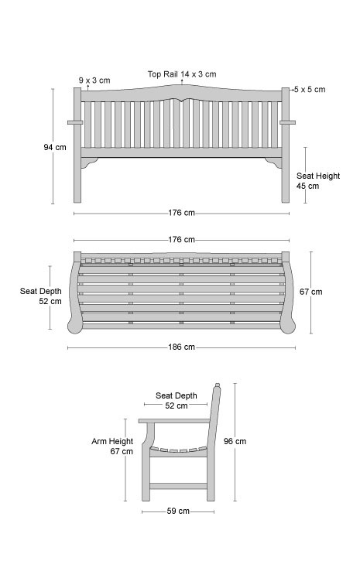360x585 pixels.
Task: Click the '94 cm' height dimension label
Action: (55, 147)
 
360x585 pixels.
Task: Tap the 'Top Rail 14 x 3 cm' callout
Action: (182, 74)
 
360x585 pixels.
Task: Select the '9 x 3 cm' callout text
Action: (94, 80)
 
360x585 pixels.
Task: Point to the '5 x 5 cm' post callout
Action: (310, 90)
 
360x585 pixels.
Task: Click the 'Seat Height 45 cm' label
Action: (318, 181)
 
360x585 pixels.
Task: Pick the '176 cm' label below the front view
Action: (181, 213)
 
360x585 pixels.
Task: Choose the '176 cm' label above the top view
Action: (181, 240)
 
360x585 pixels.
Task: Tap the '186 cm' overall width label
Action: (181, 347)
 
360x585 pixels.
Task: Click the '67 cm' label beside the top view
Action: (310, 292)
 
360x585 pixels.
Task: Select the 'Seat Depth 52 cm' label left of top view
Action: (41, 296)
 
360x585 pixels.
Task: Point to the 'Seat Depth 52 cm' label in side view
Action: (177, 400)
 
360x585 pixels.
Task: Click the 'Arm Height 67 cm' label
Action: (112, 446)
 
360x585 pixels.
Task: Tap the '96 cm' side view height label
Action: (235, 441)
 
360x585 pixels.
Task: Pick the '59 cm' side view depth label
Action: (178, 511)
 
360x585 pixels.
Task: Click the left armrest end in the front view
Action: (74, 122)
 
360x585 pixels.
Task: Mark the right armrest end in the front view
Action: (287, 122)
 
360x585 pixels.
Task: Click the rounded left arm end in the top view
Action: (74, 326)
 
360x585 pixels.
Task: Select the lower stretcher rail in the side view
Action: (179, 486)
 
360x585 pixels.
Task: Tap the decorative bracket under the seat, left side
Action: (89, 162)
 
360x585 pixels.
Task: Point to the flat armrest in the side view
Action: (174, 421)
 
